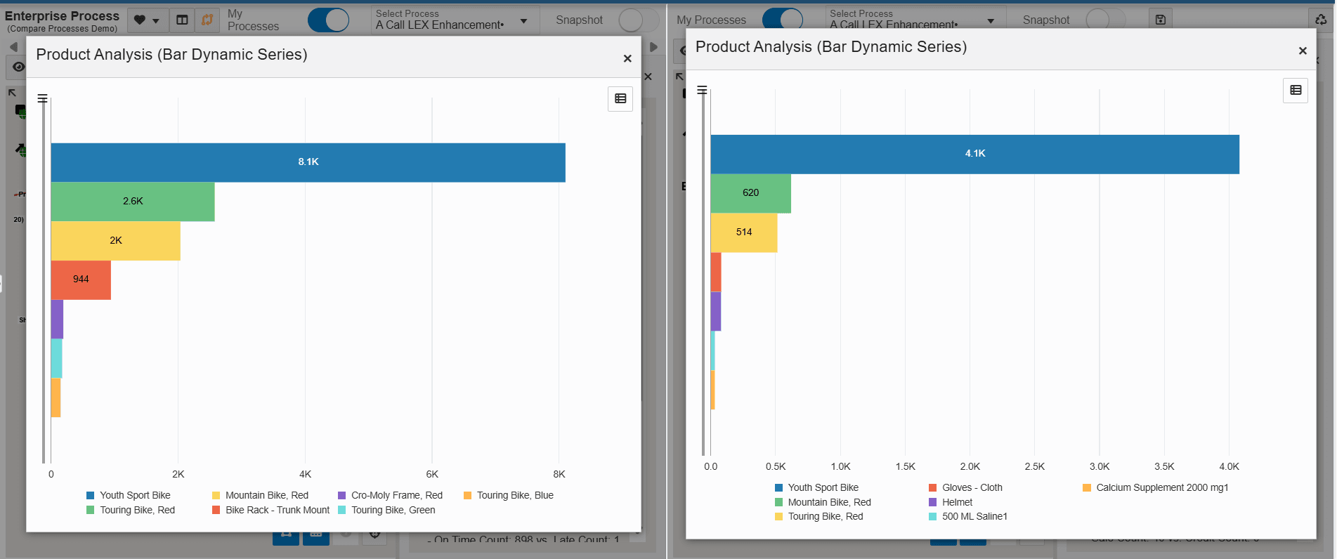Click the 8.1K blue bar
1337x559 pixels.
point(308,162)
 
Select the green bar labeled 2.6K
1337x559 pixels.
point(133,202)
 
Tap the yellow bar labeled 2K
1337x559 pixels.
point(115,241)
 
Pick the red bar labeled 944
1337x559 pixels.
point(81,279)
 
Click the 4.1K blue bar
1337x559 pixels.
point(974,154)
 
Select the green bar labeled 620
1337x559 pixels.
point(750,193)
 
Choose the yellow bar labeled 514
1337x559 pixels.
point(743,232)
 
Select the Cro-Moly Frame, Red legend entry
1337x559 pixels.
point(396,496)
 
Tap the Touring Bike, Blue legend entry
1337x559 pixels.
point(514,496)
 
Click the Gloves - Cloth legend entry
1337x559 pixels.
point(972,488)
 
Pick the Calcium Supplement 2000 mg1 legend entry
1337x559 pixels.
point(1161,488)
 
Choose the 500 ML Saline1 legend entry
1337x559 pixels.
point(974,517)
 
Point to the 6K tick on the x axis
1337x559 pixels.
point(432,475)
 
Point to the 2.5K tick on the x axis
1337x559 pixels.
point(1035,467)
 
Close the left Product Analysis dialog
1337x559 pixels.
point(627,59)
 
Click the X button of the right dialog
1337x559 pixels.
point(1303,51)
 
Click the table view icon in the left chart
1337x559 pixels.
point(620,99)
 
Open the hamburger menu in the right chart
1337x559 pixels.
point(702,91)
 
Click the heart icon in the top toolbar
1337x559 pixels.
point(140,20)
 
